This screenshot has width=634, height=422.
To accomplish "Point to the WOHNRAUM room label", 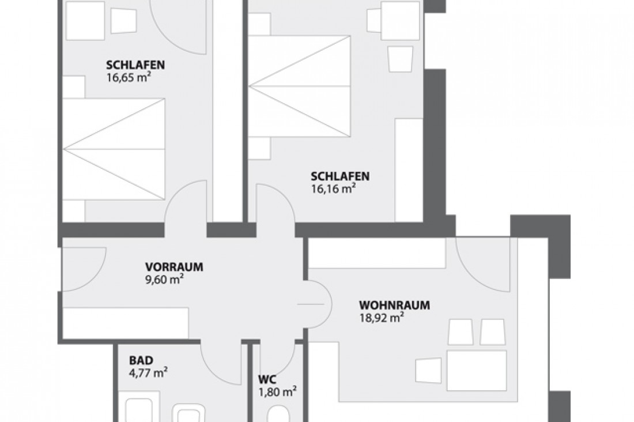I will (x=394, y=305).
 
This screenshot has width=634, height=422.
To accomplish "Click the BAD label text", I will (x=141, y=361).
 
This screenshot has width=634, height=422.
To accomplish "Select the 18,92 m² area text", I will (x=381, y=317).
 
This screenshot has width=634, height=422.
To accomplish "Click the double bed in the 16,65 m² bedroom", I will (x=114, y=149).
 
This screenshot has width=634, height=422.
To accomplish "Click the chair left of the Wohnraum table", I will (x=429, y=370).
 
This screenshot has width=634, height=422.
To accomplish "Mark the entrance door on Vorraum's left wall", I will (x=83, y=269).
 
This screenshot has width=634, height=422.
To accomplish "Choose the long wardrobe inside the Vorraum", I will (x=126, y=323).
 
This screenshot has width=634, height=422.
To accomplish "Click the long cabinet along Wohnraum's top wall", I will (x=377, y=253).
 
